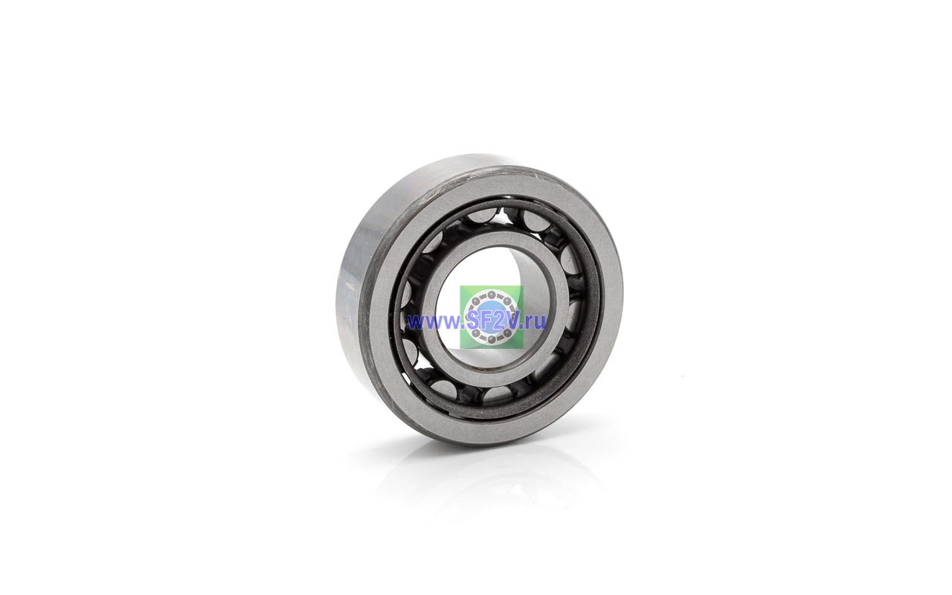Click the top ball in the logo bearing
point(492,294)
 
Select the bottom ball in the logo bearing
point(491,338)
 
